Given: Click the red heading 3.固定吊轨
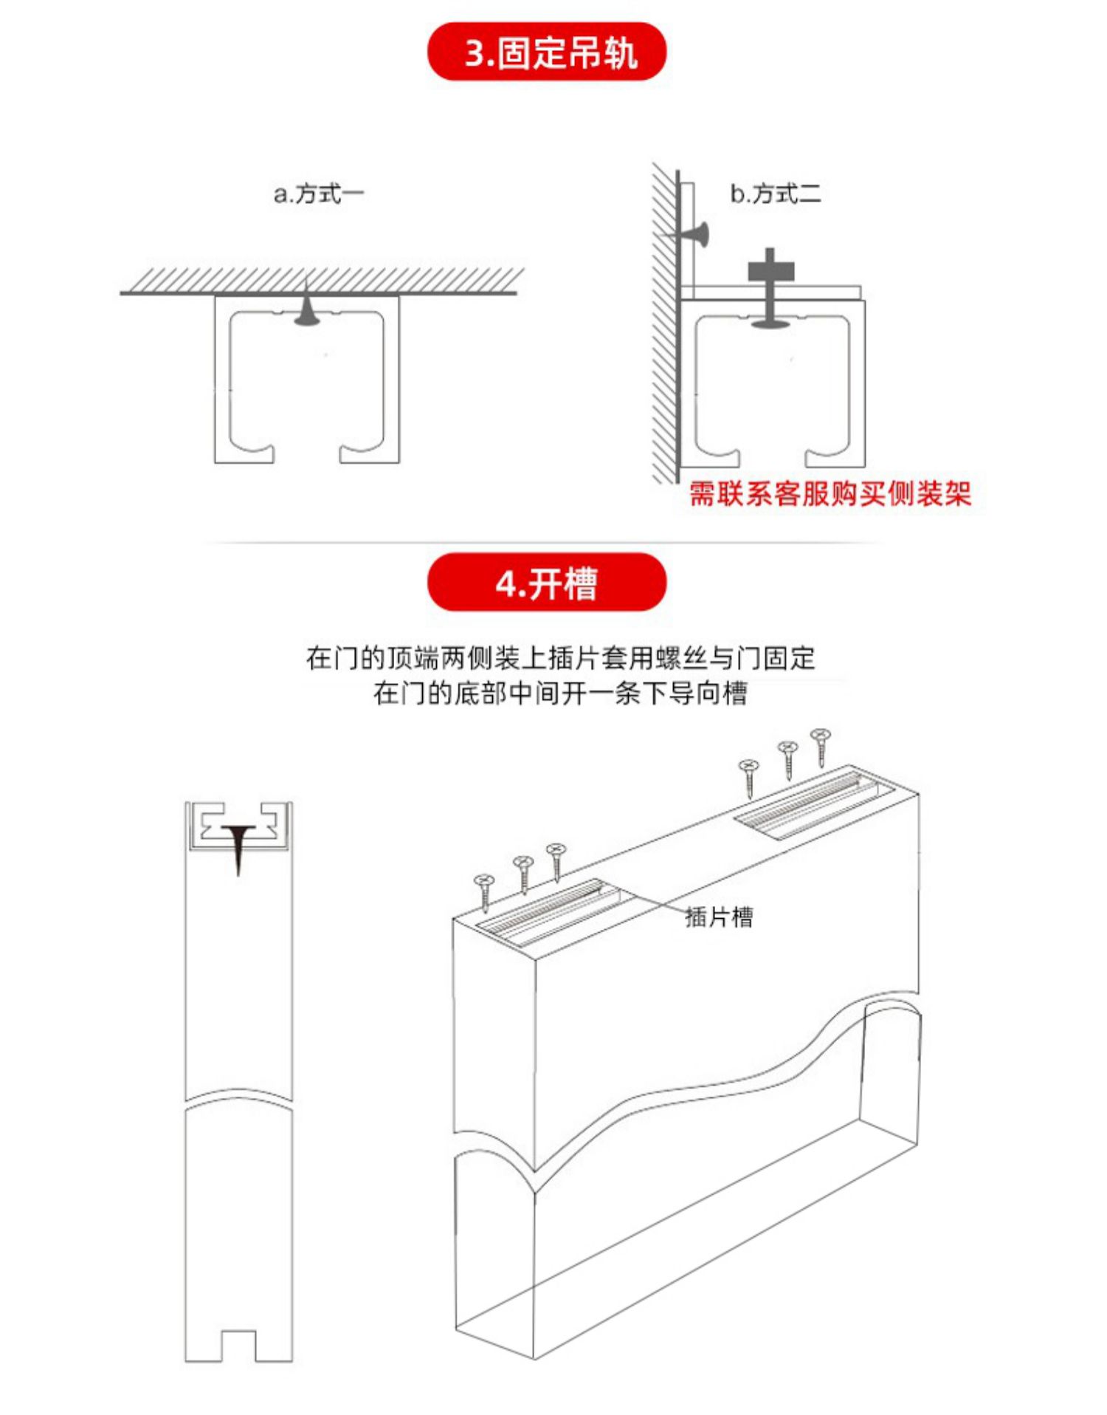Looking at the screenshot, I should click(x=546, y=52).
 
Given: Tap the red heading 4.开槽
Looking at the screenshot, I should click(x=546, y=583).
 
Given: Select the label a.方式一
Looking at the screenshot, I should click(x=319, y=194).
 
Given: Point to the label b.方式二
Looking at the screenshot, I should click(x=775, y=194).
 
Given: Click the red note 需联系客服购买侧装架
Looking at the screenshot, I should click(x=830, y=493).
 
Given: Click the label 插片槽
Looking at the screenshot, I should click(x=719, y=917).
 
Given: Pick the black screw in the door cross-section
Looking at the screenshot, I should click(x=238, y=846).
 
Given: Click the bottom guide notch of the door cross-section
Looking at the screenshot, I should click(x=238, y=1346).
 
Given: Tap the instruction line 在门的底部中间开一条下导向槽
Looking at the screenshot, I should click(x=559, y=693).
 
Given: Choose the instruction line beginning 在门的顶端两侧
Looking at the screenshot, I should click(x=559, y=657).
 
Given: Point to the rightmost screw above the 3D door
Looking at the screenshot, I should click(x=821, y=746).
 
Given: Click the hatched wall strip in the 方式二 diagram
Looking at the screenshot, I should click(x=663, y=325).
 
